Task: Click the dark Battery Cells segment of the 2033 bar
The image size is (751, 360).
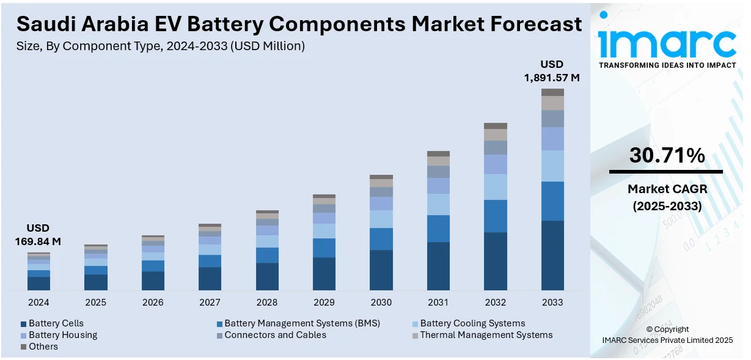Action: pyautogui.click(x=552, y=255)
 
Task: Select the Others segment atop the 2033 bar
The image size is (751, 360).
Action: pyautogui.click(x=552, y=92)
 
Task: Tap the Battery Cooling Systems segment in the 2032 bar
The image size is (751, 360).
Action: pyautogui.click(x=496, y=187)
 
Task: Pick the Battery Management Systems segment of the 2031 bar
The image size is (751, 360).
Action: pyautogui.click(x=438, y=229)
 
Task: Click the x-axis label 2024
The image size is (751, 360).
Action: pyautogui.click(x=38, y=303)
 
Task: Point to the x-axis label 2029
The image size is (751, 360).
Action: pyautogui.click(x=324, y=303)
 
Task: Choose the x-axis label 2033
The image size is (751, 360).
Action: pyautogui.click(x=552, y=303)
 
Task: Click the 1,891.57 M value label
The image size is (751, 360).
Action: pyautogui.click(x=551, y=78)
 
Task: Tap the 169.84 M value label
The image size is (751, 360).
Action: pyautogui.click(x=38, y=241)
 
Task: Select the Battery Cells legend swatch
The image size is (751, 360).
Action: pyautogui.click(x=24, y=324)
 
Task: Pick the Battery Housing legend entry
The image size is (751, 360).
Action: pyautogui.click(x=63, y=335)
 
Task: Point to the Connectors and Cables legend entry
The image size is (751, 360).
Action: pyautogui.click(x=275, y=335)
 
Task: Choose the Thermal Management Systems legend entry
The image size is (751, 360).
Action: pyautogui.click(x=486, y=335)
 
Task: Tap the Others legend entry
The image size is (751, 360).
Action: pyautogui.click(x=43, y=347)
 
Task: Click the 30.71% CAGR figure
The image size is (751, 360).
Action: pyautogui.click(x=667, y=156)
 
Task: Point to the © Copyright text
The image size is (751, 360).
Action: pyautogui.click(x=667, y=329)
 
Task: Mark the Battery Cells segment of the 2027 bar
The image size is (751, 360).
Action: pyautogui.click(x=210, y=278)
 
